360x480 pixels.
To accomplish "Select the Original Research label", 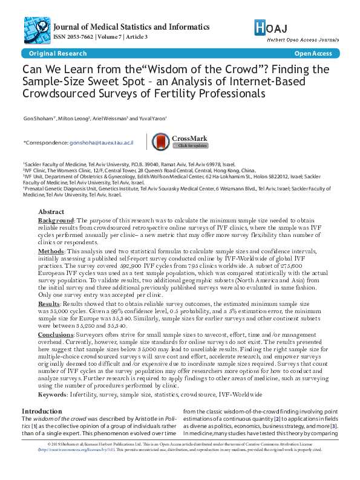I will (x=46, y=54).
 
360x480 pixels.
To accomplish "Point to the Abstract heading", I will (x=51, y=212).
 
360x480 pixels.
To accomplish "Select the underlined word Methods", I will (x=51, y=250).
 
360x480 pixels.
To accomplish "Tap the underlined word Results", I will (x=49, y=303).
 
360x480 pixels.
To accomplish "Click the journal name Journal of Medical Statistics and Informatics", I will (x=131, y=27).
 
